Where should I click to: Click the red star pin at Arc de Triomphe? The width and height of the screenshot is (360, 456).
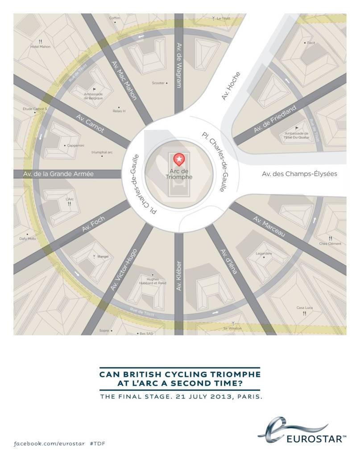click(179, 159)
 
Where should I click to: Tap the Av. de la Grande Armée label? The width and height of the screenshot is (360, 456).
click(59, 174)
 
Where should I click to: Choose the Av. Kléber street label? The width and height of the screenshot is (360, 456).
click(179, 275)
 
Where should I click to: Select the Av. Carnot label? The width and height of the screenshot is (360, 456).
click(91, 123)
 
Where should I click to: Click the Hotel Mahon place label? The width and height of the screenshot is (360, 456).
click(40, 46)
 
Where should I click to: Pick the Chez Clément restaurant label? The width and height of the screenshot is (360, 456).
click(330, 244)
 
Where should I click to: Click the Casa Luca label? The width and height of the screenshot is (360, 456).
click(304, 308)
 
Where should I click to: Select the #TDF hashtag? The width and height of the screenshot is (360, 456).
click(97, 444)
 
